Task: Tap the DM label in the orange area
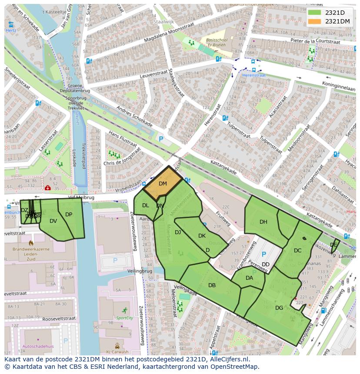163,184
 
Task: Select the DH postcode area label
263,222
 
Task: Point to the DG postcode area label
279,308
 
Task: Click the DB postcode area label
212,285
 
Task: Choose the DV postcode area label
53,221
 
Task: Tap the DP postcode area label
69,215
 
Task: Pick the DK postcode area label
202,236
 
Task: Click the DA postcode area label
249,278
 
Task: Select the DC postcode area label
297,251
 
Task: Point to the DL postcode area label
146,205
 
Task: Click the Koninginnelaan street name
338,86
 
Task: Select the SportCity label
125,318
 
